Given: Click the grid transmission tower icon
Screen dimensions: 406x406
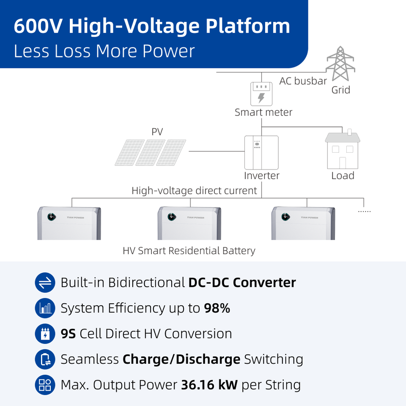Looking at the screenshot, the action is coord(340,63).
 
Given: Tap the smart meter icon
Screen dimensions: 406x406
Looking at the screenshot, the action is coord(261,94).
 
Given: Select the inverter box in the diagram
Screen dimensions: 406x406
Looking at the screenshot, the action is coord(261,153).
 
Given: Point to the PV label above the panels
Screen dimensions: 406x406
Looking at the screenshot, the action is coord(157,132).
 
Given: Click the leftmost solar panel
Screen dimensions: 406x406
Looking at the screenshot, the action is coord(129,153).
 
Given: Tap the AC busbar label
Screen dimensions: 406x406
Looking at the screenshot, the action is coord(303,81).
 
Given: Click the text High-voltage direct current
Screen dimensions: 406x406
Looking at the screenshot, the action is coord(194,191).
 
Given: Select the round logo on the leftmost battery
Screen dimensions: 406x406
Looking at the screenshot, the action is coord(52,217).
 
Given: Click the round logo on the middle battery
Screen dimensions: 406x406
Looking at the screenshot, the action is coord(172,217).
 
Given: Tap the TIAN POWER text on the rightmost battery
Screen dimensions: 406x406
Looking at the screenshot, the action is coord(310,217).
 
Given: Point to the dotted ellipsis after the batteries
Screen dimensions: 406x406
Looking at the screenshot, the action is coord(364,211).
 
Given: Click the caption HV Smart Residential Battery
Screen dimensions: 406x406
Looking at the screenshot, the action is coord(189,251).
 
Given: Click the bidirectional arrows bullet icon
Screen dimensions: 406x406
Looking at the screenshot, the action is coord(45,283).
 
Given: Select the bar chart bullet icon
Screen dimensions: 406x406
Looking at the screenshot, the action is coord(45,308).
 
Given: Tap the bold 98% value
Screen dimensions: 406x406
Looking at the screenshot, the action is coord(217,308).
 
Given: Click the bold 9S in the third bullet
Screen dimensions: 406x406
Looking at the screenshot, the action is coord(68,334).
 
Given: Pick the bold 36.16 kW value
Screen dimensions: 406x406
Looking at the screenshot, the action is coord(209,385).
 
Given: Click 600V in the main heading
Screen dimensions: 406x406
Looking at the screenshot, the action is coord(38,26).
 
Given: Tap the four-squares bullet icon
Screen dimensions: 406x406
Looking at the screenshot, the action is coord(45,385).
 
